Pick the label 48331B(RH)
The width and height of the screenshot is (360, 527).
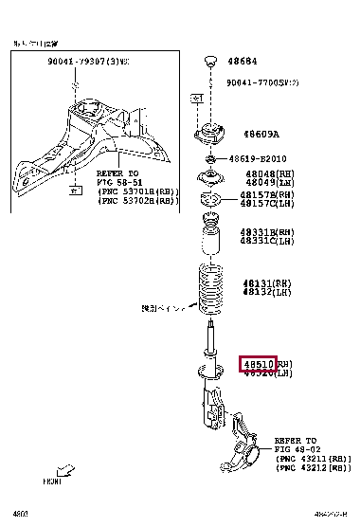(x=266, y=231)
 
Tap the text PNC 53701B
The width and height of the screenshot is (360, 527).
(x=134, y=191)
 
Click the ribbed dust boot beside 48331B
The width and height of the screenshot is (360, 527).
(x=209, y=239)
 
